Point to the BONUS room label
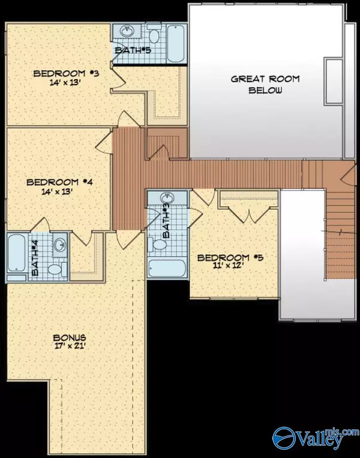[x=77, y=337]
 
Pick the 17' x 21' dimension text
[x=77, y=346]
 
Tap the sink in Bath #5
[x=127, y=31]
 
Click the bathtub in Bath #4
[x=17, y=257]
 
